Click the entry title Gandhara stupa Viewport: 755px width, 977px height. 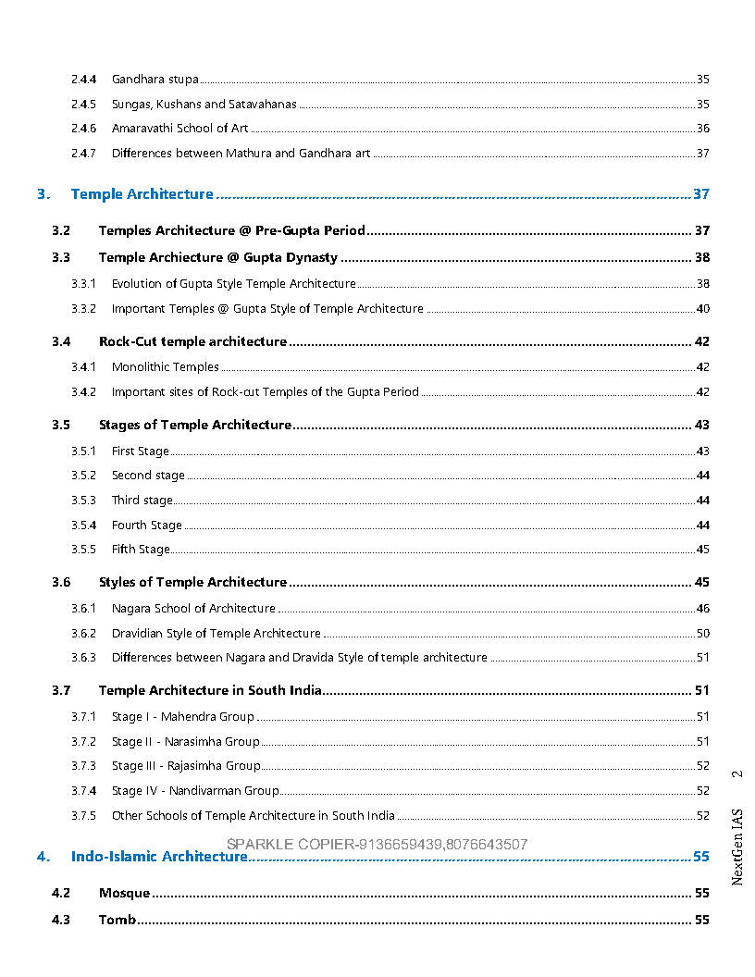[155, 80]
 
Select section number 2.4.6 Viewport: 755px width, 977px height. [83, 129]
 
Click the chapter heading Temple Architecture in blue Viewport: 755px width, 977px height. [142, 194]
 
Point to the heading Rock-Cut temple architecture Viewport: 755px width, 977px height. [192, 342]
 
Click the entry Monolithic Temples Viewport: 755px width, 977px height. [165, 367]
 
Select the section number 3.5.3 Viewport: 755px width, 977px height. [83, 501]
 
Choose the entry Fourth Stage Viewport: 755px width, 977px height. [146, 526]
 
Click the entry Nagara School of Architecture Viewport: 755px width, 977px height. [193, 609]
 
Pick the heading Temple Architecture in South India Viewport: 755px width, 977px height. [210, 691]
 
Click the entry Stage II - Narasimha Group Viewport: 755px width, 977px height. [185, 742]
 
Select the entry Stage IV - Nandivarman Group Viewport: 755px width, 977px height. [195, 791]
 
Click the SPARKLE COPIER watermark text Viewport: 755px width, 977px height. [377, 844]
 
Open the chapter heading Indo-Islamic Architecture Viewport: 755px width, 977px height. [159, 857]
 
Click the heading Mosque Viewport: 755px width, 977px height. [124, 894]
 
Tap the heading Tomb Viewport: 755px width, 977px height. [117, 921]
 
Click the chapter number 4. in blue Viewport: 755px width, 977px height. [43, 857]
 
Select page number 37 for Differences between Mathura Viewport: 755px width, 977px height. [702, 154]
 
